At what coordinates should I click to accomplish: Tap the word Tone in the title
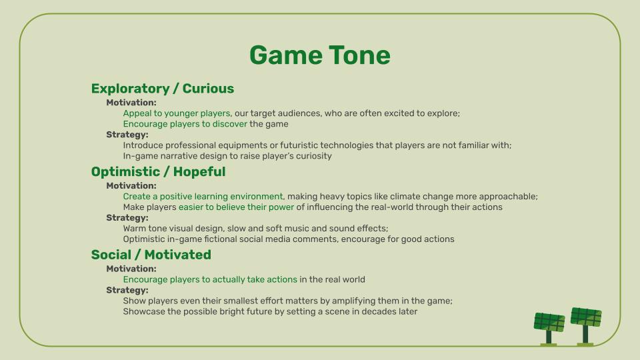tap(359, 55)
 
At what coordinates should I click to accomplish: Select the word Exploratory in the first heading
tap(130, 89)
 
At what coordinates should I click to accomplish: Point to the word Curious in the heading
tap(208, 89)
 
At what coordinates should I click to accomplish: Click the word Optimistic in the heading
tap(125, 172)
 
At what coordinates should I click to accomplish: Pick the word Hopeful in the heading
tap(199, 172)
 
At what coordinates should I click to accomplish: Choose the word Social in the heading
tap(111, 255)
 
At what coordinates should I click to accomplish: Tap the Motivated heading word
tap(177, 255)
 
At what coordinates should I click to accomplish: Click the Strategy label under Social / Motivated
tap(127, 290)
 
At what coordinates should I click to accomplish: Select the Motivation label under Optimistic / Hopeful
tap(131, 186)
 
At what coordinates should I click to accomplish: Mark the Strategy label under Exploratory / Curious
tap(127, 135)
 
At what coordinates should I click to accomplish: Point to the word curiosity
tap(313, 156)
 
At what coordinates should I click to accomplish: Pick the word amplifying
tap(353, 301)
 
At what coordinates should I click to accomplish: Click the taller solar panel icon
tap(586, 327)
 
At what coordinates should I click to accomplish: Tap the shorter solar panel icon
tap(549, 329)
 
